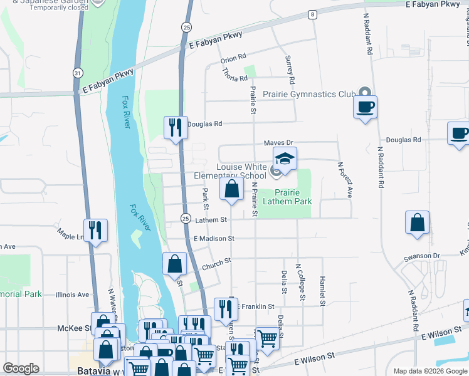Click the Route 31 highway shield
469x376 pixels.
77,73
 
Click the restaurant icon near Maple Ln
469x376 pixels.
95,230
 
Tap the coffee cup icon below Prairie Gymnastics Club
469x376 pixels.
365,106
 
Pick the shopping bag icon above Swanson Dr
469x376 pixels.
418,222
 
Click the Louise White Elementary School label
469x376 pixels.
241,171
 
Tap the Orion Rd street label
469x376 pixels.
233,59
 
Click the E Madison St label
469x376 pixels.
214,239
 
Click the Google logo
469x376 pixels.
21,368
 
